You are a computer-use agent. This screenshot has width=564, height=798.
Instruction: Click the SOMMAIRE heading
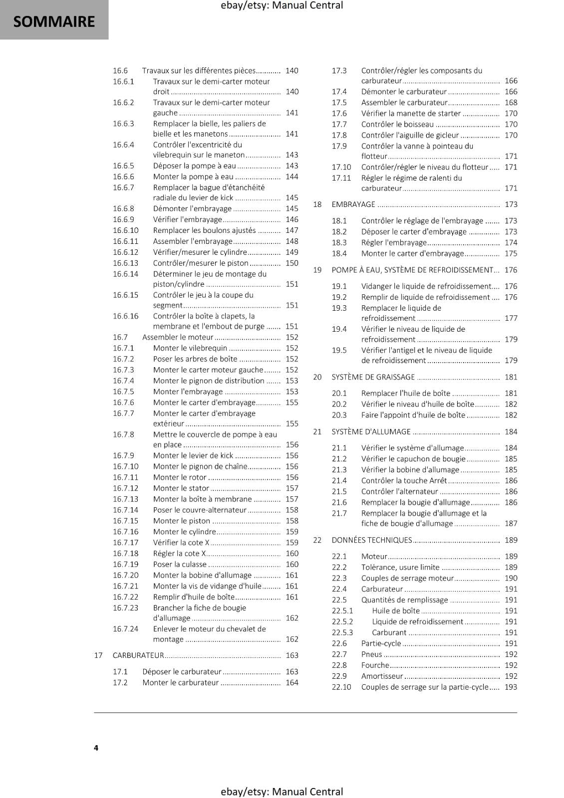point(54,21)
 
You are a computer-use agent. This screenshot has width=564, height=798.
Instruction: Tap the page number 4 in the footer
point(96,748)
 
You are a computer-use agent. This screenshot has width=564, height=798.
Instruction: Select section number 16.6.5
point(123,166)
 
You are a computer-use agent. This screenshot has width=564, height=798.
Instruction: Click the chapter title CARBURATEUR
point(138,655)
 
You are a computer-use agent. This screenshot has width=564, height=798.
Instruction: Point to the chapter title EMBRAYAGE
point(353,204)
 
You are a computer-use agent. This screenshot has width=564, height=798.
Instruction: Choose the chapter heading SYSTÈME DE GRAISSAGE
point(373,377)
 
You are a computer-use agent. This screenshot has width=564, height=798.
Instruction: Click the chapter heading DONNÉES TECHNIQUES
point(372,540)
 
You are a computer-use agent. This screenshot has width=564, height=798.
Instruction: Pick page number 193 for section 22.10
point(511,687)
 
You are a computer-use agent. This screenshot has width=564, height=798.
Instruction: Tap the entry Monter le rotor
point(180,477)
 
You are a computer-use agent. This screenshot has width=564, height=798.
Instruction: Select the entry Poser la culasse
point(180,565)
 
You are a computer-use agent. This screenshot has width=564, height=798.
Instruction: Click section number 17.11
point(341,178)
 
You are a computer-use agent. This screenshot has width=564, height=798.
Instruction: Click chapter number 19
point(317,270)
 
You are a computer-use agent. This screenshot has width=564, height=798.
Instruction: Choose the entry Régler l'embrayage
point(394,243)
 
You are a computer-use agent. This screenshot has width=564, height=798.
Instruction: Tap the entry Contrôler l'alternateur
point(399,492)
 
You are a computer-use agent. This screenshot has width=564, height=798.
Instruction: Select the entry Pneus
point(371,654)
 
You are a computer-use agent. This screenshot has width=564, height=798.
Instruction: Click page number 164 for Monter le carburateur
point(292,683)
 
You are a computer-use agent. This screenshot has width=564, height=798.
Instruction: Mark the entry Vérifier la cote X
point(181,543)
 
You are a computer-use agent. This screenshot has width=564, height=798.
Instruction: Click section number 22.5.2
point(342,622)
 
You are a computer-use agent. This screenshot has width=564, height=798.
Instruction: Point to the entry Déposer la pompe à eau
point(195,166)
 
